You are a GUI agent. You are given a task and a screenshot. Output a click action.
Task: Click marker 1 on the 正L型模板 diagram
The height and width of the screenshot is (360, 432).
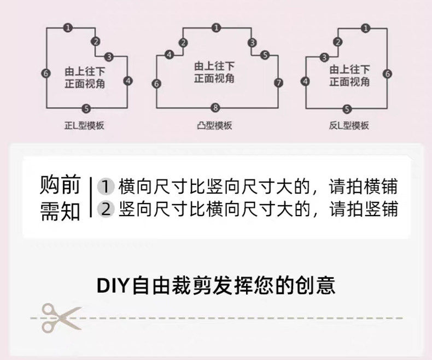click(x=67, y=26)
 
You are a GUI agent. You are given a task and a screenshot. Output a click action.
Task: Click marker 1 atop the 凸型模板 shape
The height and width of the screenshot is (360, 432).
click(x=217, y=27)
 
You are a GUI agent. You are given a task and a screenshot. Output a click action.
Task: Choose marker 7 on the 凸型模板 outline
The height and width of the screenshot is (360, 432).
click(x=278, y=83)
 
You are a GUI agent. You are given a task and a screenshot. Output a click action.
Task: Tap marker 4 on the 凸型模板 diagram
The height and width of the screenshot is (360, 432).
click(x=170, y=54)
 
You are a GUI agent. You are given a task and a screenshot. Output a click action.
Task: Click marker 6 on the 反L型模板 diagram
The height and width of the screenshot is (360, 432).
click(x=387, y=73)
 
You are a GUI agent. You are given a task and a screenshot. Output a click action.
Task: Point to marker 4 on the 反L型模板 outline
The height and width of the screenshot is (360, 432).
click(x=305, y=82)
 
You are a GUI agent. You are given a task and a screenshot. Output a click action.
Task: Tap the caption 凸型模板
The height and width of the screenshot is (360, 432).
click(x=215, y=126)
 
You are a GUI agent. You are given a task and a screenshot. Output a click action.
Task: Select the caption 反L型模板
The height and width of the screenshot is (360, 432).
click(x=349, y=126)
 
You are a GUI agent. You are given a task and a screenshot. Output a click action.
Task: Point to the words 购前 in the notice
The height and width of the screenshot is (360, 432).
click(x=60, y=185)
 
